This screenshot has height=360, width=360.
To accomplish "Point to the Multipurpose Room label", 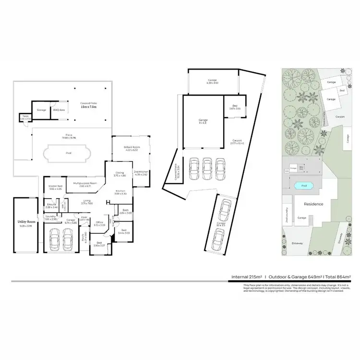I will pos(85,182).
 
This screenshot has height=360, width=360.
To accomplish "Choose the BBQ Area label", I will pos(59,110).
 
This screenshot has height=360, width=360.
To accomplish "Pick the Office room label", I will pos(99,222).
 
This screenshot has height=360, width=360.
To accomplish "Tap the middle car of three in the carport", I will pos(206,167).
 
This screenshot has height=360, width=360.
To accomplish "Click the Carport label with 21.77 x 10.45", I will pos(237,141).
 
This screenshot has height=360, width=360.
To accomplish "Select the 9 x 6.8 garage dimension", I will pos(203,122).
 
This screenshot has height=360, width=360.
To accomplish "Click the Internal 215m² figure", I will pos(247,277).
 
